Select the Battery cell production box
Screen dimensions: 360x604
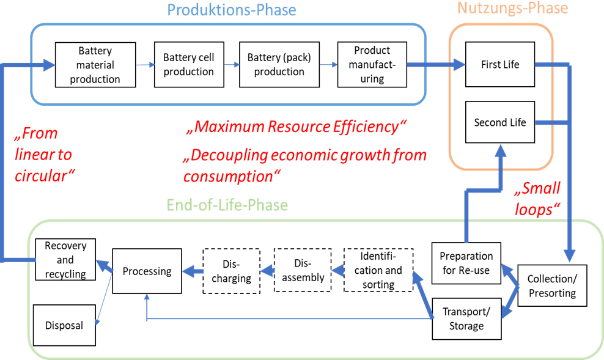(x=188, y=64)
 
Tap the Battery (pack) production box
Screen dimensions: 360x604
(x=279, y=64)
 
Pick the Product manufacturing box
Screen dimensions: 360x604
(x=372, y=64)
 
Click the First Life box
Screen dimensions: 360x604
(x=499, y=64)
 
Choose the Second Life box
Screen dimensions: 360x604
(x=499, y=122)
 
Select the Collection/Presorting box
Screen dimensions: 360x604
(x=551, y=286)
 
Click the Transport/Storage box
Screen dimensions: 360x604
(x=466, y=318)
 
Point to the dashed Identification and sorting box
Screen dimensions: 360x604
(x=378, y=270)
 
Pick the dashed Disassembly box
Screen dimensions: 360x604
(x=302, y=270)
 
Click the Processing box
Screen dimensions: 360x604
(x=147, y=271)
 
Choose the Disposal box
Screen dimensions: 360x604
(x=64, y=325)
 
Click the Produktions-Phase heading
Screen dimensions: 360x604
(x=231, y=10)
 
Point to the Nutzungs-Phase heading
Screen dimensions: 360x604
(x=512, y=8)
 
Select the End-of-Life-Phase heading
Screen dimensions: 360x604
(x=227, y=205)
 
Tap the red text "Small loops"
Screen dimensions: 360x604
(x=537, y=199)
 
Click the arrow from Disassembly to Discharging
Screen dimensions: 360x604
(x=267, y=270)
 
